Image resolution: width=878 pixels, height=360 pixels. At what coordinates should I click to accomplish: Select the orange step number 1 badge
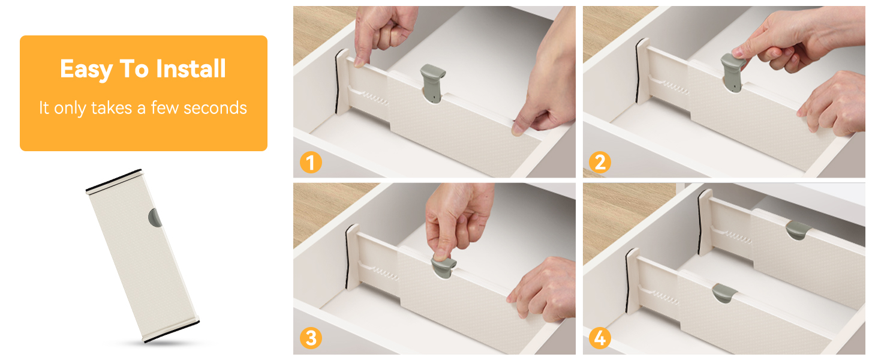(311, 163)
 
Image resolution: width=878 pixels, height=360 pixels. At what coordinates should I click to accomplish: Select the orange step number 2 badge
(600, 163)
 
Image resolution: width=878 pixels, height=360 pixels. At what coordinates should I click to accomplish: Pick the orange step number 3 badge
(311, 338)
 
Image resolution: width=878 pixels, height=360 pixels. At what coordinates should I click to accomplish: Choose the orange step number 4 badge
(600, 338)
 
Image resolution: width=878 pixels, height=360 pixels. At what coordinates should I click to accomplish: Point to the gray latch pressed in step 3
(444, 266)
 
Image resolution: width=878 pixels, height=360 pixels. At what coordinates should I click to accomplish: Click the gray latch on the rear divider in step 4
(798, 230)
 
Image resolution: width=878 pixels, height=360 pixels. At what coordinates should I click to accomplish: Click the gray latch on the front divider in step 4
(724, 293)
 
